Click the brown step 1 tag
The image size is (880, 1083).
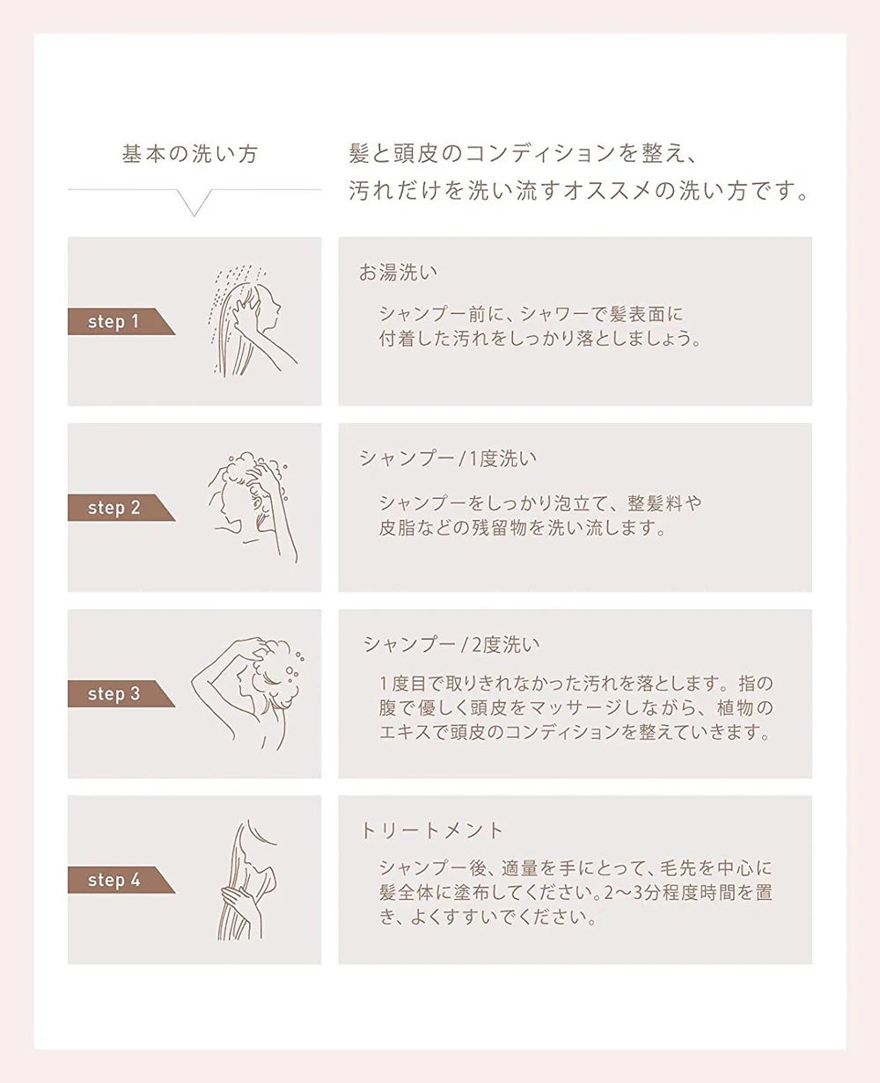[x=114, y=322]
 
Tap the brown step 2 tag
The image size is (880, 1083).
[x=114, y=508]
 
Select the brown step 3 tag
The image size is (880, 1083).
[x=114, y=694]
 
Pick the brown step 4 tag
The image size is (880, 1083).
[x=114, y=880]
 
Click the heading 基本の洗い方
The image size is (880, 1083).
[x=190, y=155]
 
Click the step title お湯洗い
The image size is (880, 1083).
[x=398, y=273]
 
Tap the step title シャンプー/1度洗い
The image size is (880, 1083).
[x=447, y=458]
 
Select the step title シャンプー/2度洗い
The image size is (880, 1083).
[x=451, y=644]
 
